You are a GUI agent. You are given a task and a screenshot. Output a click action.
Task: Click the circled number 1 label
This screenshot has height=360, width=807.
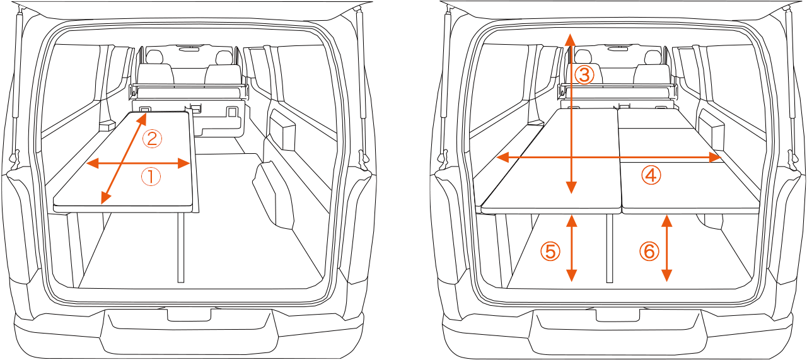tap(151, 177)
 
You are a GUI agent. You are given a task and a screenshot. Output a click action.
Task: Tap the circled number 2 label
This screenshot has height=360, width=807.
tap(152, 139)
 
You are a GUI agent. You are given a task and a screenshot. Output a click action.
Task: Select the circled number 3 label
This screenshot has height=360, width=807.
tap(584, 75)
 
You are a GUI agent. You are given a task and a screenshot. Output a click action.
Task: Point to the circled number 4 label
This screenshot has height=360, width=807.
tap(651, 175)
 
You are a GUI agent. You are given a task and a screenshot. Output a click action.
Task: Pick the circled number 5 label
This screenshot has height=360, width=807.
tap(550, 252)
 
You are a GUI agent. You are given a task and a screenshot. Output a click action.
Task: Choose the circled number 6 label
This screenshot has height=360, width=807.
tap(649, 251)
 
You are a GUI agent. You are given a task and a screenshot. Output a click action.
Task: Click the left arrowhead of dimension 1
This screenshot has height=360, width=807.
tap(93, 163)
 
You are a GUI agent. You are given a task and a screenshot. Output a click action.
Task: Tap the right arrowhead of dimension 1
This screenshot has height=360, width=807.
tap(183, 163)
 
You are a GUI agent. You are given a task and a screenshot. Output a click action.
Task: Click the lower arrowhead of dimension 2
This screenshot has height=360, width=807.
tap(105, 198)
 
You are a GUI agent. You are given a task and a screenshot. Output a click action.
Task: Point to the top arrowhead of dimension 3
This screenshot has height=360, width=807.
tap(569, 40)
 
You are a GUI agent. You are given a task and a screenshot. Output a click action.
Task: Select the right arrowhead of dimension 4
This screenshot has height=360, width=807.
tap(714, 158)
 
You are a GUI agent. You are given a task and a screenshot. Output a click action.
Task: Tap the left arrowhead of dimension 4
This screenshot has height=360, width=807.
tap(502, 158)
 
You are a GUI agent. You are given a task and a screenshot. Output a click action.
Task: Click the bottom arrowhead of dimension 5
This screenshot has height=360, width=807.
tap(571, 276)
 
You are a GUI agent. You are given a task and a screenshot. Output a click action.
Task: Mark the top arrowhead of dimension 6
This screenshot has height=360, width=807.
tap(667, 221)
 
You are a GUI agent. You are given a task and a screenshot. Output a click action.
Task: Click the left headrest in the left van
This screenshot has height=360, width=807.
tap(155, 57)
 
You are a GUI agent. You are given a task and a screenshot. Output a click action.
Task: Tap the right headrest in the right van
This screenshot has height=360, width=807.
tap(653, 57)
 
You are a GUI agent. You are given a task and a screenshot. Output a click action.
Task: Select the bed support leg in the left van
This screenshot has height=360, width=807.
tap(181, 248)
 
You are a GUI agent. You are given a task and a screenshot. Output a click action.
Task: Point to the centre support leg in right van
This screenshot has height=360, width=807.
tap(610, 248)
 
